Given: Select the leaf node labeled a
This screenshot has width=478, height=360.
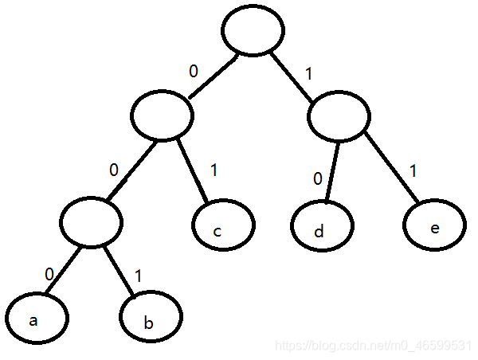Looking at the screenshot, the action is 38,319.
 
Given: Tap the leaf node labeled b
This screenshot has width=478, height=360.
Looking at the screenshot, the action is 150,320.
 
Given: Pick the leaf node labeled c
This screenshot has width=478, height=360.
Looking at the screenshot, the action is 223,226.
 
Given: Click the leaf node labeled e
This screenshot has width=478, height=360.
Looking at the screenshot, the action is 433,226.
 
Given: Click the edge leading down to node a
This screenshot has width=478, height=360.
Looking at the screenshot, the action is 62,270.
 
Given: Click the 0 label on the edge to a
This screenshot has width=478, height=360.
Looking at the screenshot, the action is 49,274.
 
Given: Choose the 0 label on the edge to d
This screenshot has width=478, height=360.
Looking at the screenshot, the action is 318,178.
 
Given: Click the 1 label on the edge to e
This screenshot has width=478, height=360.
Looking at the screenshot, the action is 411,170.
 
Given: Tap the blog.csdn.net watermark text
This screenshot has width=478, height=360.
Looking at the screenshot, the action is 372,348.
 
